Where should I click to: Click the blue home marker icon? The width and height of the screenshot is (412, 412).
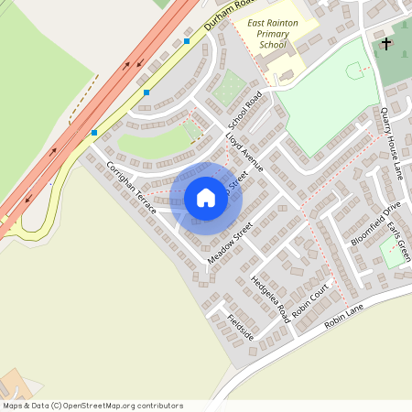pyautogui.click(x=206, y=198)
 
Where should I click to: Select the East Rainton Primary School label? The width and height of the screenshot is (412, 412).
pyautogui.click(x=272, y=33)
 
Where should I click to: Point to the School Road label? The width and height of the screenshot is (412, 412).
pyautogui.click(x=245, y=110)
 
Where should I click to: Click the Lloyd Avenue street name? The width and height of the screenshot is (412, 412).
pyautogui.click(x=244, y=151)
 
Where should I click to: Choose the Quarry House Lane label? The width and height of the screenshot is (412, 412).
pyautogui.click(x=393, y=142)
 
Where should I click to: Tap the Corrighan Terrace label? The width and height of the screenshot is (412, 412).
pyautogui.click(x=131, y=189)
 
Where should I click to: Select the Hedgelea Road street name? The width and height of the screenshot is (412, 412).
pyautogui.click(x=269, y=298)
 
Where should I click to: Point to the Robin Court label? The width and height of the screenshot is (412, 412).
pyautogui.click(x=309, y=301)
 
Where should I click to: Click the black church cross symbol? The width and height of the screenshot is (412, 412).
pyautogui.click(x=385, y=44)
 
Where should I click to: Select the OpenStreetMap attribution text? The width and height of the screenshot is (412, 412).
pyautogui.click(x=92, y=406)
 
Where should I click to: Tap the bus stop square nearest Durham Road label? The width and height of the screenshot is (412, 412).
pyautogui.click(x=187, y=41)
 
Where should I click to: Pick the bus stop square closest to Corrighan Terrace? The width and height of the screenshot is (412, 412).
pyautogui.click(x=93, y=133)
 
